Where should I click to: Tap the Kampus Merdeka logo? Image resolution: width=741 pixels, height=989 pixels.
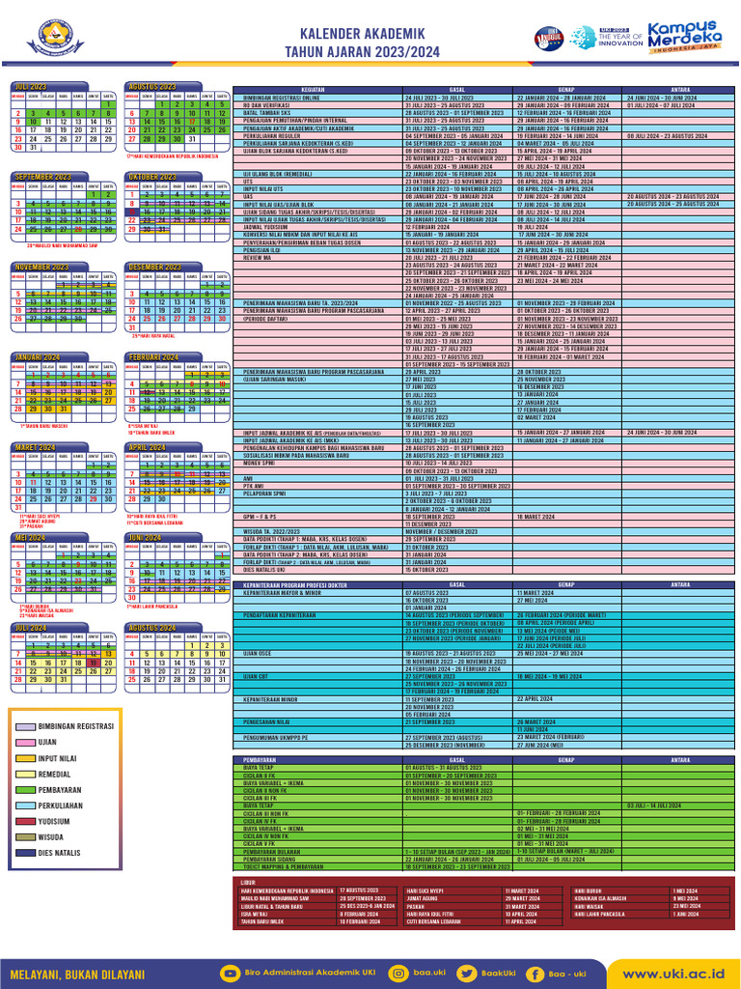pos(688,39)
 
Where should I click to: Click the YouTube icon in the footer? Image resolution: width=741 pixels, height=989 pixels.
pos(230,974)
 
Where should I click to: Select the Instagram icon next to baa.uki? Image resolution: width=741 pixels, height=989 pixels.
pos(398,974)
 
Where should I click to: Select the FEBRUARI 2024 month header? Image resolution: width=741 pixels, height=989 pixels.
pos(153,357)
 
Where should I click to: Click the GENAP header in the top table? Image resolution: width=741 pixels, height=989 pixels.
pos(566,90)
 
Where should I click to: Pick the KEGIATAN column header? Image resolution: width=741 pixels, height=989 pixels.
pos(313,90)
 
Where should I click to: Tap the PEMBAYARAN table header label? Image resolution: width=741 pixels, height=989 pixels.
pos(249,760)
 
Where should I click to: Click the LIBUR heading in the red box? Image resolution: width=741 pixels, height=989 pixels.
pos(248,882)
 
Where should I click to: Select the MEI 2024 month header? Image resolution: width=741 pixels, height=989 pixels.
pos(30,537)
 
